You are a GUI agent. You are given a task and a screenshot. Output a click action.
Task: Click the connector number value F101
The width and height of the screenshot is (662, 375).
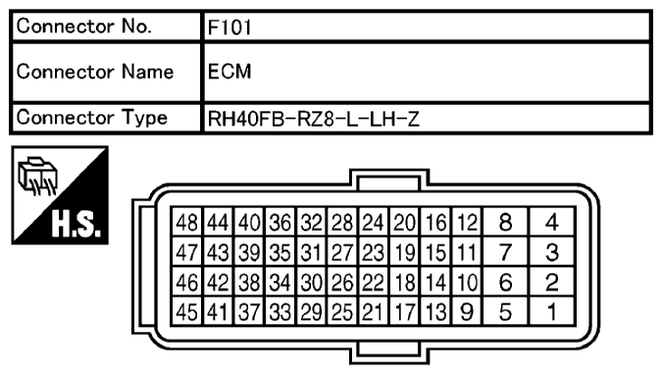(229, 27)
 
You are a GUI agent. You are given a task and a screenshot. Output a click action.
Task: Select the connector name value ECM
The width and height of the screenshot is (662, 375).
(229, 72)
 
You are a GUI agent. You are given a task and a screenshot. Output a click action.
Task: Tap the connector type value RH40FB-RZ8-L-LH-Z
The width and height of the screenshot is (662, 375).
(313, 119)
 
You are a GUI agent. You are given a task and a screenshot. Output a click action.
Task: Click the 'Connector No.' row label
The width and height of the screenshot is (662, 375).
(83, 27)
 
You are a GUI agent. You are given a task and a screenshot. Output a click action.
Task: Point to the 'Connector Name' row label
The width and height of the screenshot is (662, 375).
(95, 72)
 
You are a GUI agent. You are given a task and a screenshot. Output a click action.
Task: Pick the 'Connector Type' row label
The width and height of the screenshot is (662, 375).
(91, 117)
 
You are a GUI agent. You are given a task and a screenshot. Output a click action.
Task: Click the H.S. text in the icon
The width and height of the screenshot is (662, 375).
(76, 224)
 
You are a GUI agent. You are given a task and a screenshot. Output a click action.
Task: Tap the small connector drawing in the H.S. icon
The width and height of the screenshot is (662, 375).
(37, 176)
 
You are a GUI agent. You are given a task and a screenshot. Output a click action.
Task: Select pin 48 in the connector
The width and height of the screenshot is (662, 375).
(187, 222)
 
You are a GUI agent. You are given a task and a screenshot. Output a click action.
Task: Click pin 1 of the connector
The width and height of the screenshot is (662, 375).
(552, 312)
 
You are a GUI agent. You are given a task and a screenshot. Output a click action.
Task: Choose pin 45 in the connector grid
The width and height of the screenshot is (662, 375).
(187, 312)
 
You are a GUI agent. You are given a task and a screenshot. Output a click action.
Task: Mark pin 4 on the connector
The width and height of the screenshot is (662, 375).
(552, 222)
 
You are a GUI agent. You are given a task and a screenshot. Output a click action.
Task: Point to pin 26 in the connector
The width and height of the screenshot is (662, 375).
(342, 283)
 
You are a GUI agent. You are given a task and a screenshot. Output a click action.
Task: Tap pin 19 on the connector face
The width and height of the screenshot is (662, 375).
(404, 252)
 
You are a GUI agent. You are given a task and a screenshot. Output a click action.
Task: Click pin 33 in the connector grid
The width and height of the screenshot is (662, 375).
(280, 312)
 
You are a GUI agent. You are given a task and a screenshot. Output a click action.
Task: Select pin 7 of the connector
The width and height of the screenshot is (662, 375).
(505, 252)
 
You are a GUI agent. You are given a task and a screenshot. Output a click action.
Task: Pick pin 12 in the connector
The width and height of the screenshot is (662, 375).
(467, 222)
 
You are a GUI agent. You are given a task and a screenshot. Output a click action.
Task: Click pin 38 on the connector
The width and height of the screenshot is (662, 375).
(249, 283)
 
